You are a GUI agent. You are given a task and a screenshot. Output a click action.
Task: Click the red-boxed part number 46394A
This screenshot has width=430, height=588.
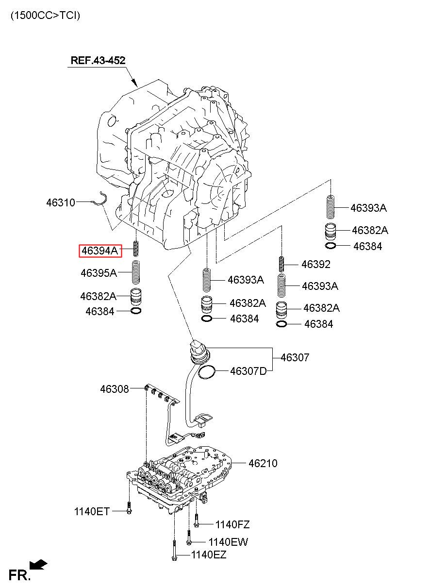tap(100, 251)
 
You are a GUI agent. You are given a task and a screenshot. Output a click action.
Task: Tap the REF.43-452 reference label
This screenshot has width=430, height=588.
tap(98, 60)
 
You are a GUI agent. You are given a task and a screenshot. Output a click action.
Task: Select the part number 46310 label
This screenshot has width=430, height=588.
tap(61, 202)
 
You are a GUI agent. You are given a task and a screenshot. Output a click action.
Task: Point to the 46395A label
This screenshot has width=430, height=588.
tap(99, 273)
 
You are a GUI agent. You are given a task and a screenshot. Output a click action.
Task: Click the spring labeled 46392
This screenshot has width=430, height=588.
tap(281, 264)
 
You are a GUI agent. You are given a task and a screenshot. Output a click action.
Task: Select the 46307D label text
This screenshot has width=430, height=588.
tap(248, 371)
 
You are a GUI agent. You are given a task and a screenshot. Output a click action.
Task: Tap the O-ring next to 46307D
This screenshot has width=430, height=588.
tap(207, 372)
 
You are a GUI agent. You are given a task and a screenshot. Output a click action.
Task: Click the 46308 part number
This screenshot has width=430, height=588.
tap(115, 389)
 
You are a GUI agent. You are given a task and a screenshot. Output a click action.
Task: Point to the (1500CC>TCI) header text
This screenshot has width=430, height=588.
tap(46, 16)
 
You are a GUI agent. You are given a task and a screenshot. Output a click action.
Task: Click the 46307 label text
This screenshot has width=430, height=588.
tap(295, 357)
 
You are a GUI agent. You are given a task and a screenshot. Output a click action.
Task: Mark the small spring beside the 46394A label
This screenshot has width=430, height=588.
tap(135, 248)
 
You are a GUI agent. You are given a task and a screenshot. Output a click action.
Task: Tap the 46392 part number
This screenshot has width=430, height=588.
tap(315, 264)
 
